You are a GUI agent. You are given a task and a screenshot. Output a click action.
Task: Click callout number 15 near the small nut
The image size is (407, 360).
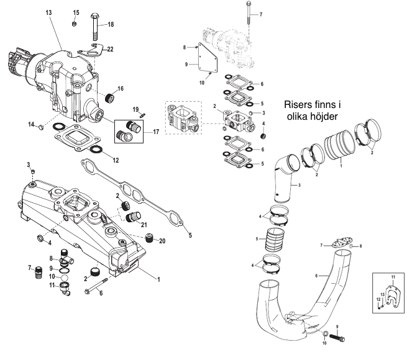(76, 12)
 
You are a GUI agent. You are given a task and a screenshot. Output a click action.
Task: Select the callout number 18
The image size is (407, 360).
(111, 24)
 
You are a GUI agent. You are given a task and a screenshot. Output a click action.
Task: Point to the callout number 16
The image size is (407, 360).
(121, 89)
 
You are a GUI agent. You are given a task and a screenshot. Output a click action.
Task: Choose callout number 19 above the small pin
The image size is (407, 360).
(135, 109)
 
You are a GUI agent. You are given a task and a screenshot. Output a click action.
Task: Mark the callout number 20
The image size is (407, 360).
(163, 241)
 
